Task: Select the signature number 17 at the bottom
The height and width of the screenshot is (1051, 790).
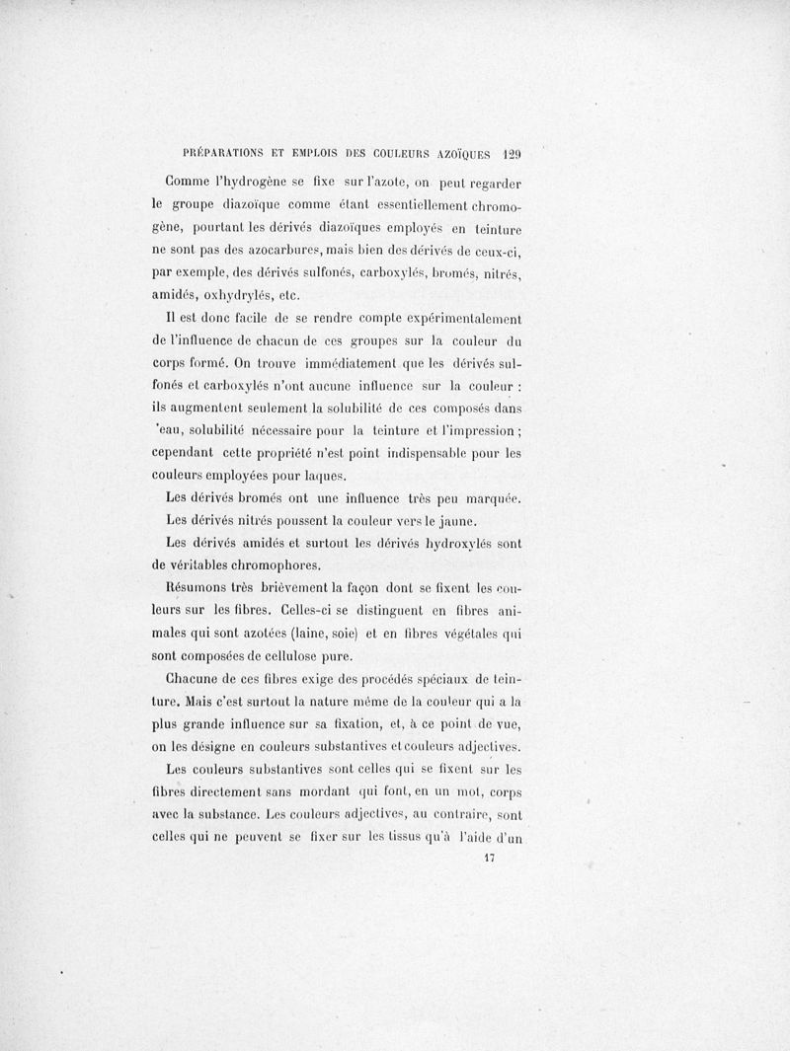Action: [487, 858]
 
